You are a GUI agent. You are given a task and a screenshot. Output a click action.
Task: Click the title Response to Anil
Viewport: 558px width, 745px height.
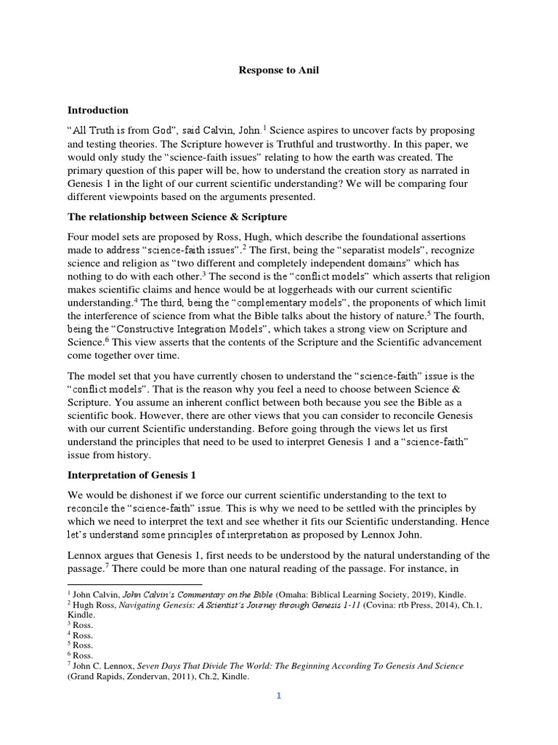(x=278, y=71)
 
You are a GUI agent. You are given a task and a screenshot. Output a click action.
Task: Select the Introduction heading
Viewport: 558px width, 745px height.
(x=98, y=111)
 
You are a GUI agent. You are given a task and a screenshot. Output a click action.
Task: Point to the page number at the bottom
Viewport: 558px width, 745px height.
(x=278, y=696)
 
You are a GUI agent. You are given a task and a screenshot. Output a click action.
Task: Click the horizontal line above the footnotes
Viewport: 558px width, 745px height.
(x=134, y=584)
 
